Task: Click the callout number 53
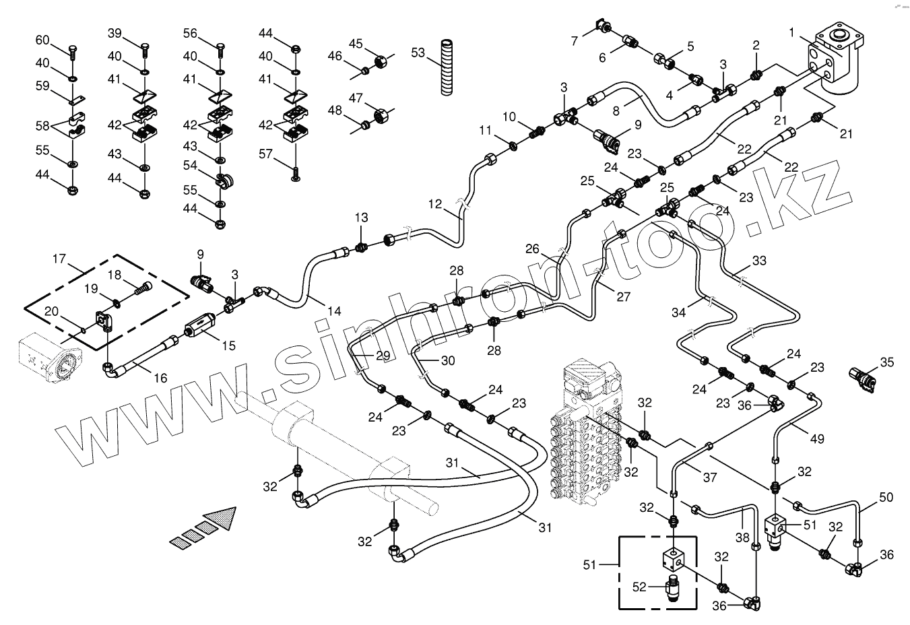coord(418,52)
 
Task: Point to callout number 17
coord(59,258)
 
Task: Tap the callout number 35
coord(886,362)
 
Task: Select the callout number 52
coord(639,587)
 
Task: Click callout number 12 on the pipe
coord(435,203)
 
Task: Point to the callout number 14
coord(334,311)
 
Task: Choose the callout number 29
coord(383,356)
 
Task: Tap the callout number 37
coord(710,478)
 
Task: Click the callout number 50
coord(886,498)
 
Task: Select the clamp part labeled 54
coord(224,180)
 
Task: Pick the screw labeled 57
coord(296,174)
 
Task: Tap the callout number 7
coord(575,41)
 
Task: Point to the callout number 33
coord(758,260)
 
